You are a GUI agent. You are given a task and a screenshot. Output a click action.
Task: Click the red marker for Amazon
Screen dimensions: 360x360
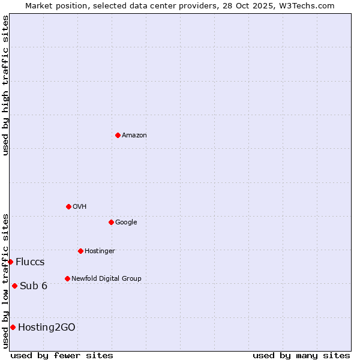pos(118,135)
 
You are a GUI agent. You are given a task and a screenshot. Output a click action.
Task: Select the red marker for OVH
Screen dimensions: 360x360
pos(68,206)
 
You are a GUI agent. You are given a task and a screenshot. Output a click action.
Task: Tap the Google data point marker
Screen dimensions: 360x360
pos(111,222)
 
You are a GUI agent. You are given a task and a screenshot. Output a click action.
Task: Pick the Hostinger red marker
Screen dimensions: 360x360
pos(80,251)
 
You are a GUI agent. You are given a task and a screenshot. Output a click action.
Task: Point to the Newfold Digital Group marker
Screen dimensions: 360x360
pos(67,278)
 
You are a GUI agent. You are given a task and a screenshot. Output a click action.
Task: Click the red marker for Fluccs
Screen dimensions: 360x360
pos(10,262)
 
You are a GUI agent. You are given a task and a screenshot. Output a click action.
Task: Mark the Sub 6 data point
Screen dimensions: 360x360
pos(14,286)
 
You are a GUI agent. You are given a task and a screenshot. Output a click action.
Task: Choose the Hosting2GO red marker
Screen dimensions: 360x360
pos(13,327)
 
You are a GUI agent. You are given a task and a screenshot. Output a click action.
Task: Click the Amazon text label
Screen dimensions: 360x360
pos(134,136)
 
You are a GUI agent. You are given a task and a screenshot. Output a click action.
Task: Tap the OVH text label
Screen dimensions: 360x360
pos(80,207)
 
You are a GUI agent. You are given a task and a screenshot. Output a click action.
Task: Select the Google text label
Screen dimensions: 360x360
pos(126,223)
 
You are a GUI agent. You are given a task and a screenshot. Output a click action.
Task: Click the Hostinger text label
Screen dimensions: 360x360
pos(100,251)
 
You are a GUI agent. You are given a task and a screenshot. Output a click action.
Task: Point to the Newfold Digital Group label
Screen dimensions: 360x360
pos(106,279)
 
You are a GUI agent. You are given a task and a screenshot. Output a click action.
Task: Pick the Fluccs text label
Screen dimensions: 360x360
pos(30,262)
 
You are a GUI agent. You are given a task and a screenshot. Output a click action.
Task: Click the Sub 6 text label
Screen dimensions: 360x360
pos(34,286)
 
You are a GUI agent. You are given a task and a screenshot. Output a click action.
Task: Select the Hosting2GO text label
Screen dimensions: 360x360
pos(47,328)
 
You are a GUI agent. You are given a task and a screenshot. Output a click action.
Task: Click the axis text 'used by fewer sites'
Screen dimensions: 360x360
pos(62,355)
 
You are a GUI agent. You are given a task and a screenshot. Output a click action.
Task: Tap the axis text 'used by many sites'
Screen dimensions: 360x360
pos(301,355)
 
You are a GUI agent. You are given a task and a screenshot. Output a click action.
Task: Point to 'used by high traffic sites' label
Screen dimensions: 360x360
pos(5,86)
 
